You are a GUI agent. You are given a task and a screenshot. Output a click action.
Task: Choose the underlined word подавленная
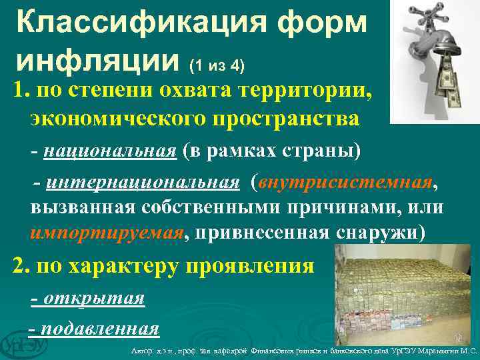tap(100, 328)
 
